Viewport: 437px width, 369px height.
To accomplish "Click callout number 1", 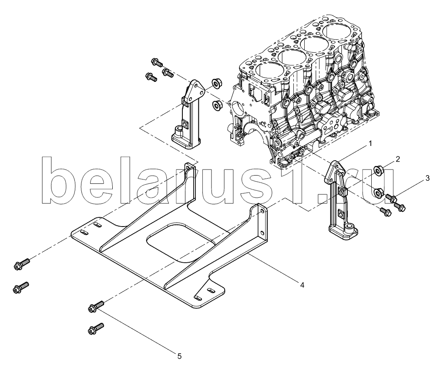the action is point(370,144).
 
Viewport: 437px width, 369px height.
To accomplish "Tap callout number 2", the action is point(398,159).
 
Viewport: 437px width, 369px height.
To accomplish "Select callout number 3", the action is point(427,178).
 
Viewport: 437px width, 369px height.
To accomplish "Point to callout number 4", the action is point(302,284).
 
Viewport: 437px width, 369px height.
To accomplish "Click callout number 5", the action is point(179,356).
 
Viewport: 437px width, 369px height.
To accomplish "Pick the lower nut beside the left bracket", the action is point(216,105).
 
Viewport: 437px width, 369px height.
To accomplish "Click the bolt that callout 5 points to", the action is point(96,306).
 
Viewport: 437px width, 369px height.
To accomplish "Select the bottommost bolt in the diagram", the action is point(96,328).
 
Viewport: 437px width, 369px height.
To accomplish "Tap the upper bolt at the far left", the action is point(21,264).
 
